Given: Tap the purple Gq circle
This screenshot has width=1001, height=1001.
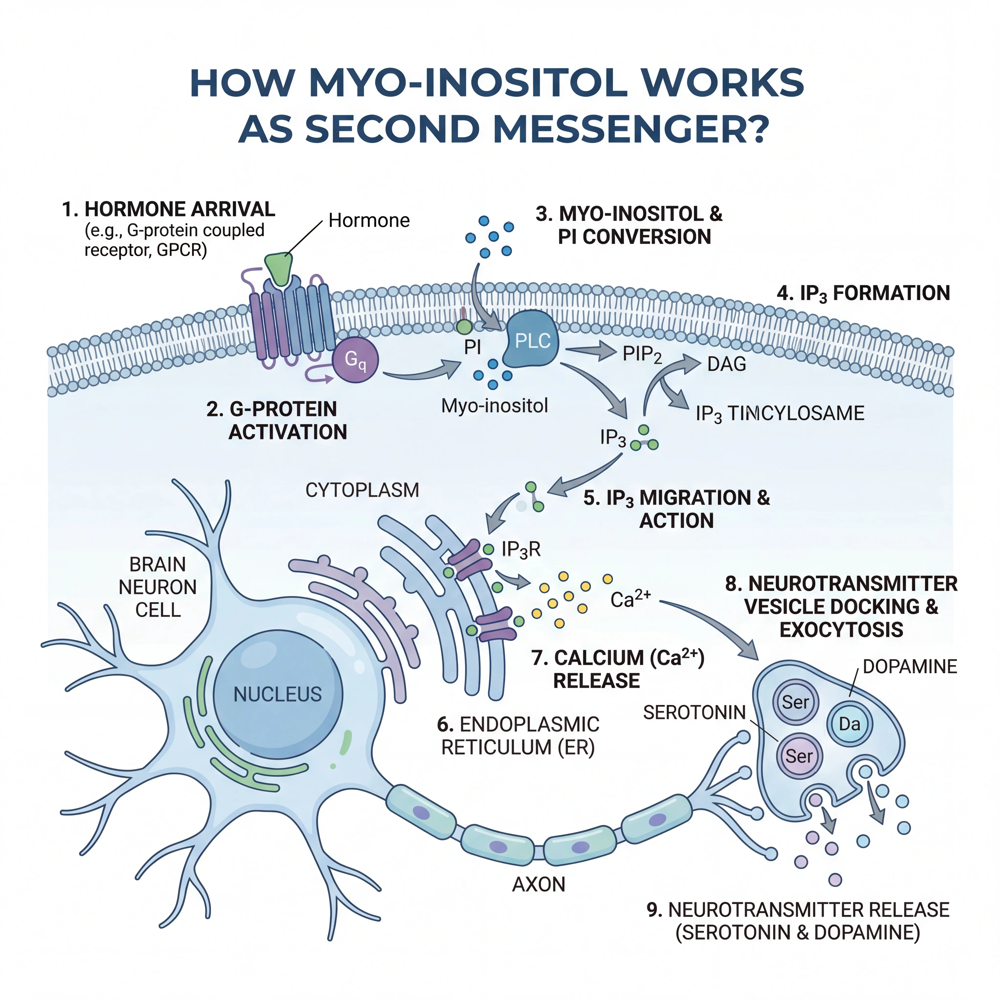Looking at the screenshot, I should click(x=355, y=359).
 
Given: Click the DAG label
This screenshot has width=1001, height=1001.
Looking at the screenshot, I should click(x=726, y=364).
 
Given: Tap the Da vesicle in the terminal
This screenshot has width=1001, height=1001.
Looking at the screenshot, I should click(x=850, y=724).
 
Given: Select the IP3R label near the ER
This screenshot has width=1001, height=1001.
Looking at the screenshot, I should click(x=521, y=549).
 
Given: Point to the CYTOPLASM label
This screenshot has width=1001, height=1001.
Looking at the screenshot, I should click(x=362, y=490).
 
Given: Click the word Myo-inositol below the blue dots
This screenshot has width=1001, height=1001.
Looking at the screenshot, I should click(x=494, y=406).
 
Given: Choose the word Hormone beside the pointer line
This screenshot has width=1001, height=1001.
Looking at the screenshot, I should click(x=369, y=221).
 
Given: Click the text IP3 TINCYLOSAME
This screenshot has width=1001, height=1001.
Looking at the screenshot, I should click(x=780, y=413).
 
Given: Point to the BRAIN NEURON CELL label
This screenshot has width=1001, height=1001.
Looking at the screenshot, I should click(x=158, y=587).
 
